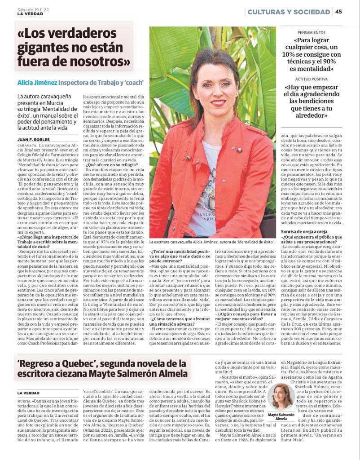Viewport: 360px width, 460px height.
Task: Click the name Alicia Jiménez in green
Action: click(x=37, y=83)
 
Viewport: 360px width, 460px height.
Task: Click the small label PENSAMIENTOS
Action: click(x=312, y=33)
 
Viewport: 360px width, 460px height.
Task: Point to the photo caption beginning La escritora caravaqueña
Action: click(x=212, y=241)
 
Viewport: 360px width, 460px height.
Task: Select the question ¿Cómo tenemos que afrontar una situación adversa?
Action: click(x=178, y=321)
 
